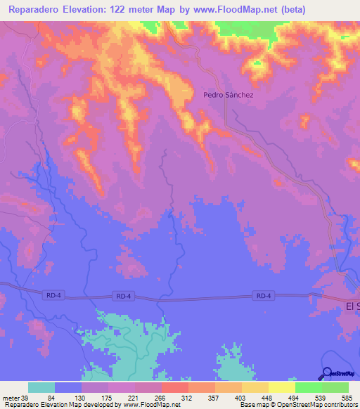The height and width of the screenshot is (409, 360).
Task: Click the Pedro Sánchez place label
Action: pos(227,94)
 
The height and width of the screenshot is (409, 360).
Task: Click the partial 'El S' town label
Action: pos(352,306)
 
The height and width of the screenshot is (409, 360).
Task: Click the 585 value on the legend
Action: pos(347,397)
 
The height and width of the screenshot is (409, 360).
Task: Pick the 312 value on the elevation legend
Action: pos(187,397)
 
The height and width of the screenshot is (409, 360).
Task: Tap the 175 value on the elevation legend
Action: pos(108,397)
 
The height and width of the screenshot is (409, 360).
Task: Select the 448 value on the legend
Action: pos(267,397)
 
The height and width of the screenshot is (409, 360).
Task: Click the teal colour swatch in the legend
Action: pos(41,387)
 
